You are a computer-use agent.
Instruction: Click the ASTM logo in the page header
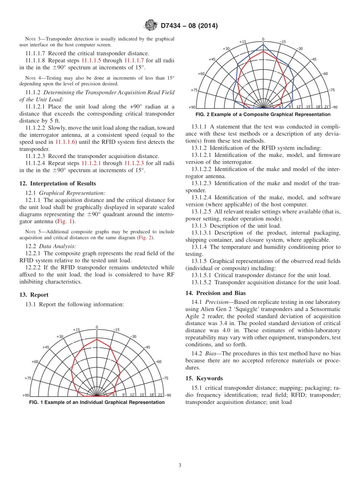pos(151,26)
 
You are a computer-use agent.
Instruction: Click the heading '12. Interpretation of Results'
pos(57,183)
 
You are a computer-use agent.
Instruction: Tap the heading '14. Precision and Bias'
pos(215,293)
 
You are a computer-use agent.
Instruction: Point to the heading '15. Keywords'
pos(204,378)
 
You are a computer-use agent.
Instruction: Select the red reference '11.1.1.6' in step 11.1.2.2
pos(66,142)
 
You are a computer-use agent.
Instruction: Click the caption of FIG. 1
pos(97,402)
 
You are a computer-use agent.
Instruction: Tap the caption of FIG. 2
pos(263,114)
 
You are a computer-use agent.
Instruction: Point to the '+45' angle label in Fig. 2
pos(212,59)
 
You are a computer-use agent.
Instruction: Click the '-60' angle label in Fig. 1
pos(159,361)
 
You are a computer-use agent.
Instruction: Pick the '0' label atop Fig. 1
pos(97,327)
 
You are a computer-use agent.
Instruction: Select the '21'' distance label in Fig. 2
pos(327,107)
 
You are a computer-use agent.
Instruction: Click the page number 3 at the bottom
pos(180,465)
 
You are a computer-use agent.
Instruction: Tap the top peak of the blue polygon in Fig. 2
pos(263,44)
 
